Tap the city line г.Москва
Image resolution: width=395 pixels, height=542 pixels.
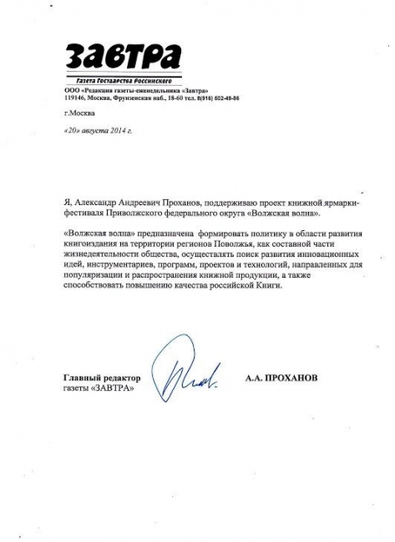(79, 113)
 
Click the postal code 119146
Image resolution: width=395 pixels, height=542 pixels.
(75, 98)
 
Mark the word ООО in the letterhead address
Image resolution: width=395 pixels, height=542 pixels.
(72, 90)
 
